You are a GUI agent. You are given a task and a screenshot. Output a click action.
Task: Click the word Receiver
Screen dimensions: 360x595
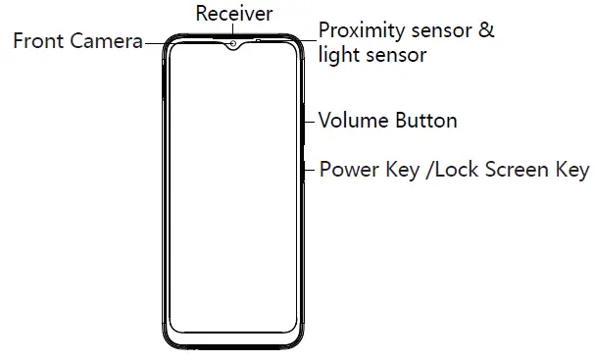point(234,13)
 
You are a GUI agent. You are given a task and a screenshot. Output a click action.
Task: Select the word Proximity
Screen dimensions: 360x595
point(362,30)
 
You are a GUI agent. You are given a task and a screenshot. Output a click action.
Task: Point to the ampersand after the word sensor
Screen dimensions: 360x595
point(484,30)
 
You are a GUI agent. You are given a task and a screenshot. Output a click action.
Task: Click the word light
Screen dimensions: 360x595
point(337,55)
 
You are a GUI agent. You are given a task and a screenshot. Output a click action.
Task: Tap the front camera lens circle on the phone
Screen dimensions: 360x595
point(233,46)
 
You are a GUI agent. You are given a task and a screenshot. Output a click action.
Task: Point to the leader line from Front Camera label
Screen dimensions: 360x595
point(155,42)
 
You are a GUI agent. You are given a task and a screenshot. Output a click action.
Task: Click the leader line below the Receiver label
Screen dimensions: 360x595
point(233,32)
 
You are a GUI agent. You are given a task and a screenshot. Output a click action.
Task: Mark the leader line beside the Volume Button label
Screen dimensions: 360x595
point(311,122)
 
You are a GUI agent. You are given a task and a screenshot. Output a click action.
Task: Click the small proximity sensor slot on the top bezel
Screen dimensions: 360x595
point(256,40)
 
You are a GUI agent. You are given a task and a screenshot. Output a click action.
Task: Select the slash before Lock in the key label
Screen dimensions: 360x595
point(428,170)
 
